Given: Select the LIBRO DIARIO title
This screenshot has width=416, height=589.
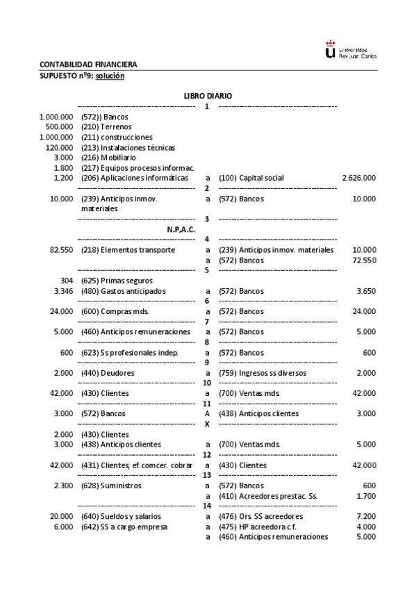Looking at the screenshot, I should tap(208, 95).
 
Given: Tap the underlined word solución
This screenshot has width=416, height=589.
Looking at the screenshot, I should tap(109, 76).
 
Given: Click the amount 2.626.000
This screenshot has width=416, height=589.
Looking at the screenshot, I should tap(359, 178).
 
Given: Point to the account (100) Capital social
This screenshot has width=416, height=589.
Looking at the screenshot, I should tap(251, 178).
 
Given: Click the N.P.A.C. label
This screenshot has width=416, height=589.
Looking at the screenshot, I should tap(181, 229).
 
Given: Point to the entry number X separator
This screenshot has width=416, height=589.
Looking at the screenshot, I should tap(206, 424).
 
